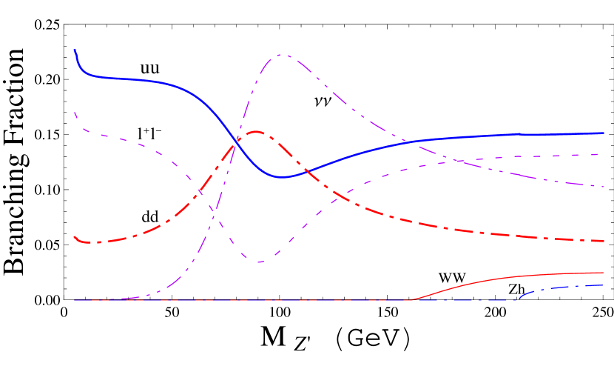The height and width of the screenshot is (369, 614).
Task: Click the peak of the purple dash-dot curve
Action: pyautogui.click(x=282, y=55)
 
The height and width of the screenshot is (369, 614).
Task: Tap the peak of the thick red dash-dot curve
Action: pyautogui.click(x=256, y=132)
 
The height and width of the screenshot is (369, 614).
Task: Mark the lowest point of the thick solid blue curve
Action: pyautogui.click(x=284, y=177)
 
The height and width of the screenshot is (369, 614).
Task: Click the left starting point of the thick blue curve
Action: pyautogui.click(x=75, y=50)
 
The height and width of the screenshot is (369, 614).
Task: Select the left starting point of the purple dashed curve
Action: pyautogui.click(x=75, y=112)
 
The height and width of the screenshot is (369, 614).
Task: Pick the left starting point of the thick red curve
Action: pyautogui.click(x=75, y=236)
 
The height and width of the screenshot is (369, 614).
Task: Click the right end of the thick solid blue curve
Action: pyautogui.click(x=604, y=133)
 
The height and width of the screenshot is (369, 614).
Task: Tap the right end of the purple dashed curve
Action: pyautogui.click(x=604, y=154)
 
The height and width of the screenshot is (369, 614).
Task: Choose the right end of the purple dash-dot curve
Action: pyautogui.click(x=604, y=186)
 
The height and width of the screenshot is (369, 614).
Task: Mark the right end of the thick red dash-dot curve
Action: pyautogui.click(x=604, y=241)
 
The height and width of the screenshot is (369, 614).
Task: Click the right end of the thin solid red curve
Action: pyautogui.click(x=604, y=273)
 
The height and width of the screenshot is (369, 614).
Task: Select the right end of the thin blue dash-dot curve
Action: pyautogui.click(x=604, y=285)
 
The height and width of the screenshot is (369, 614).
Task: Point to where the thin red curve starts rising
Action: pyautogui.click(x=411, y=299)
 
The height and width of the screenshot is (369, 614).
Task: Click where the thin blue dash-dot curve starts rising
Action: pyautogui.click(x=516, y=299)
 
